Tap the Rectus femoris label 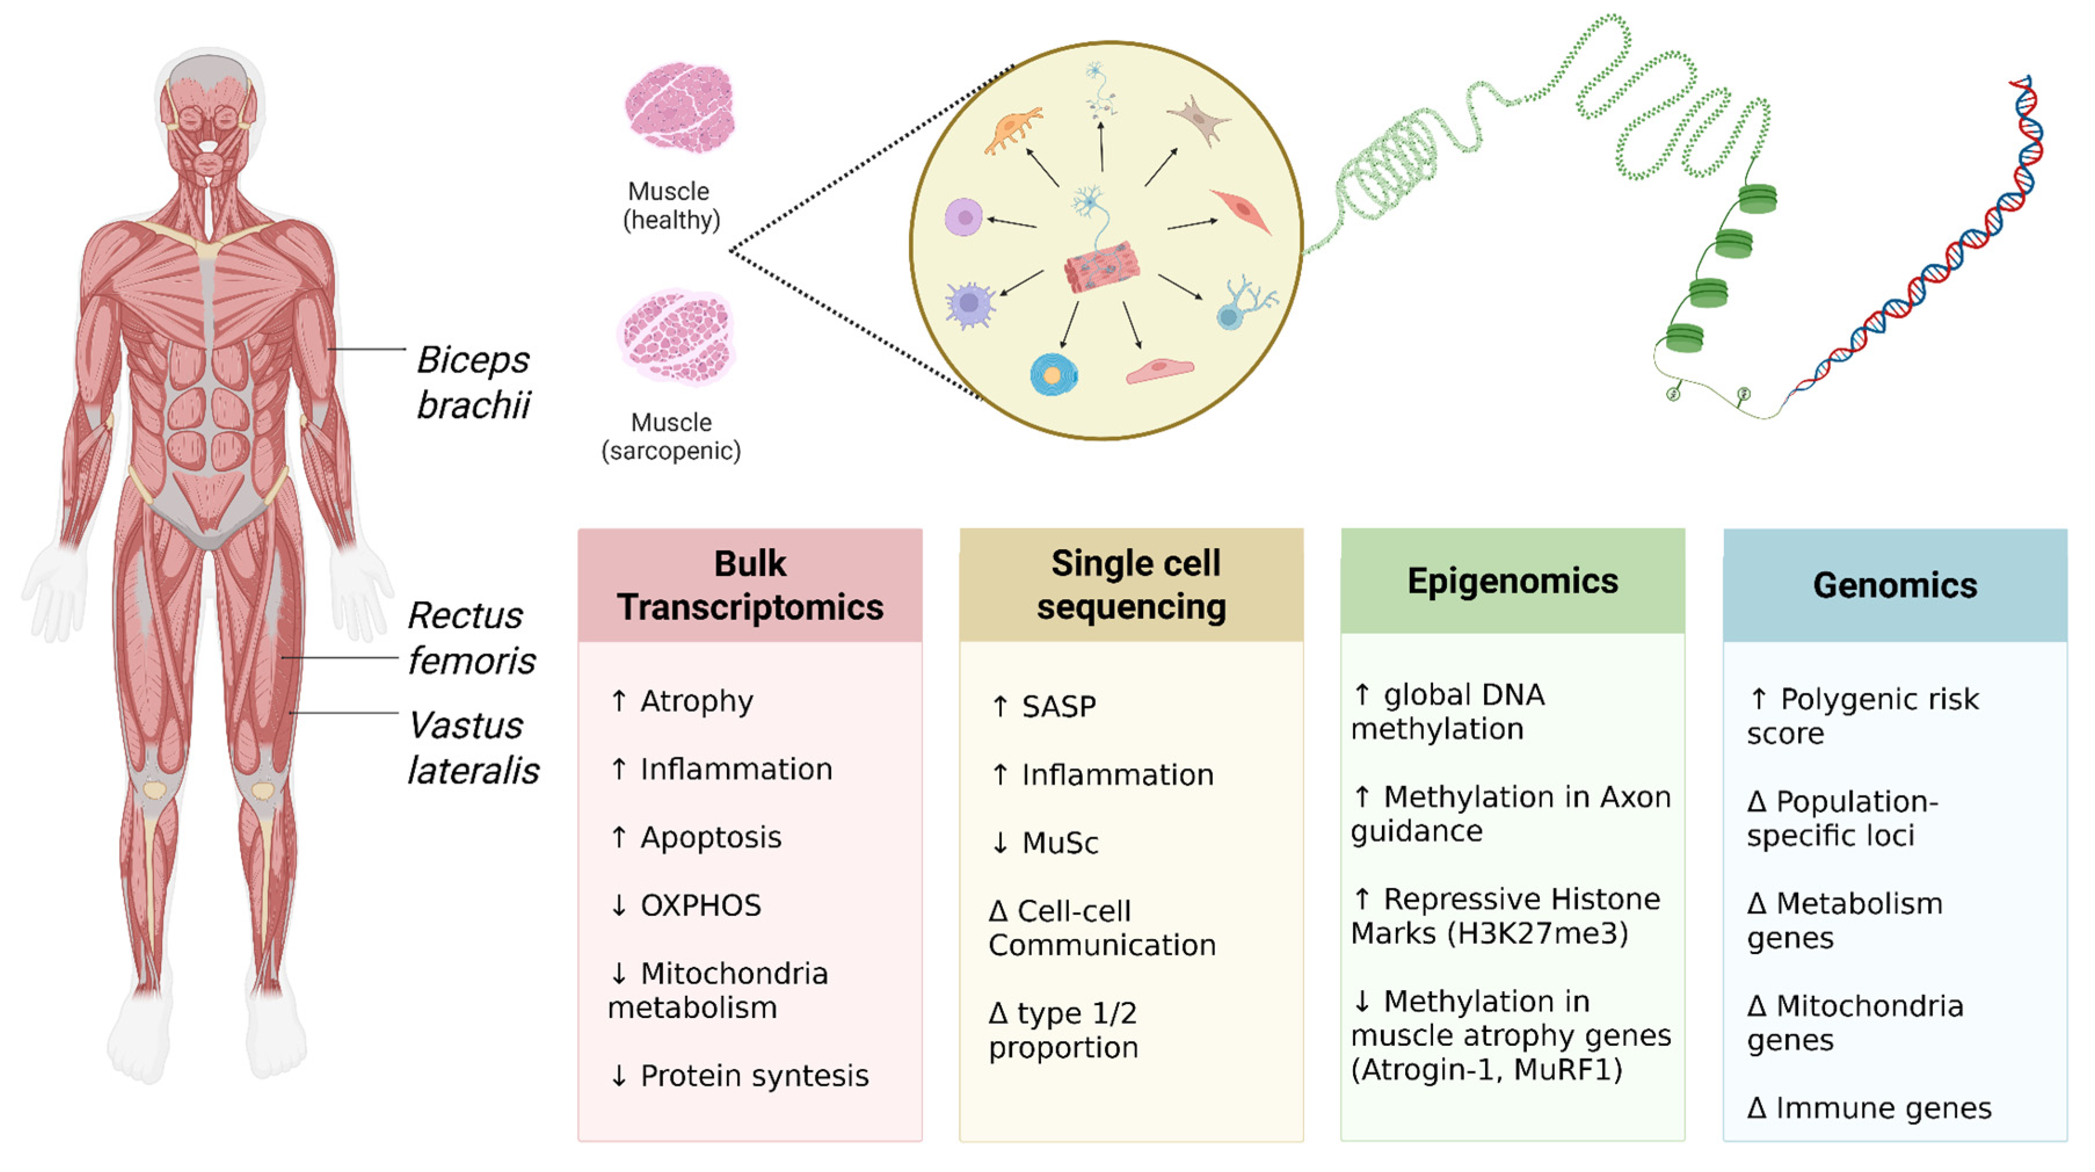pos(471,638)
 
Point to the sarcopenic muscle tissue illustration pos(676,335)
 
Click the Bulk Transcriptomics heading pos(750,585)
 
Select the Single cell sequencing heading pos(1132,585)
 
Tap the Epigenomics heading pos(1512,581)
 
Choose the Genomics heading pos(1895,585)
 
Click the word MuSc pos(1060,843)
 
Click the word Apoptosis pos(711,837)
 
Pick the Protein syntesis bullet pos(739,1075)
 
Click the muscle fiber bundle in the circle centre pos(1102,266)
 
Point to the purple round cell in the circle pos(963,217)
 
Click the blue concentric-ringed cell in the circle pos(1054,375)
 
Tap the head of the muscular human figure pos(209,114)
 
